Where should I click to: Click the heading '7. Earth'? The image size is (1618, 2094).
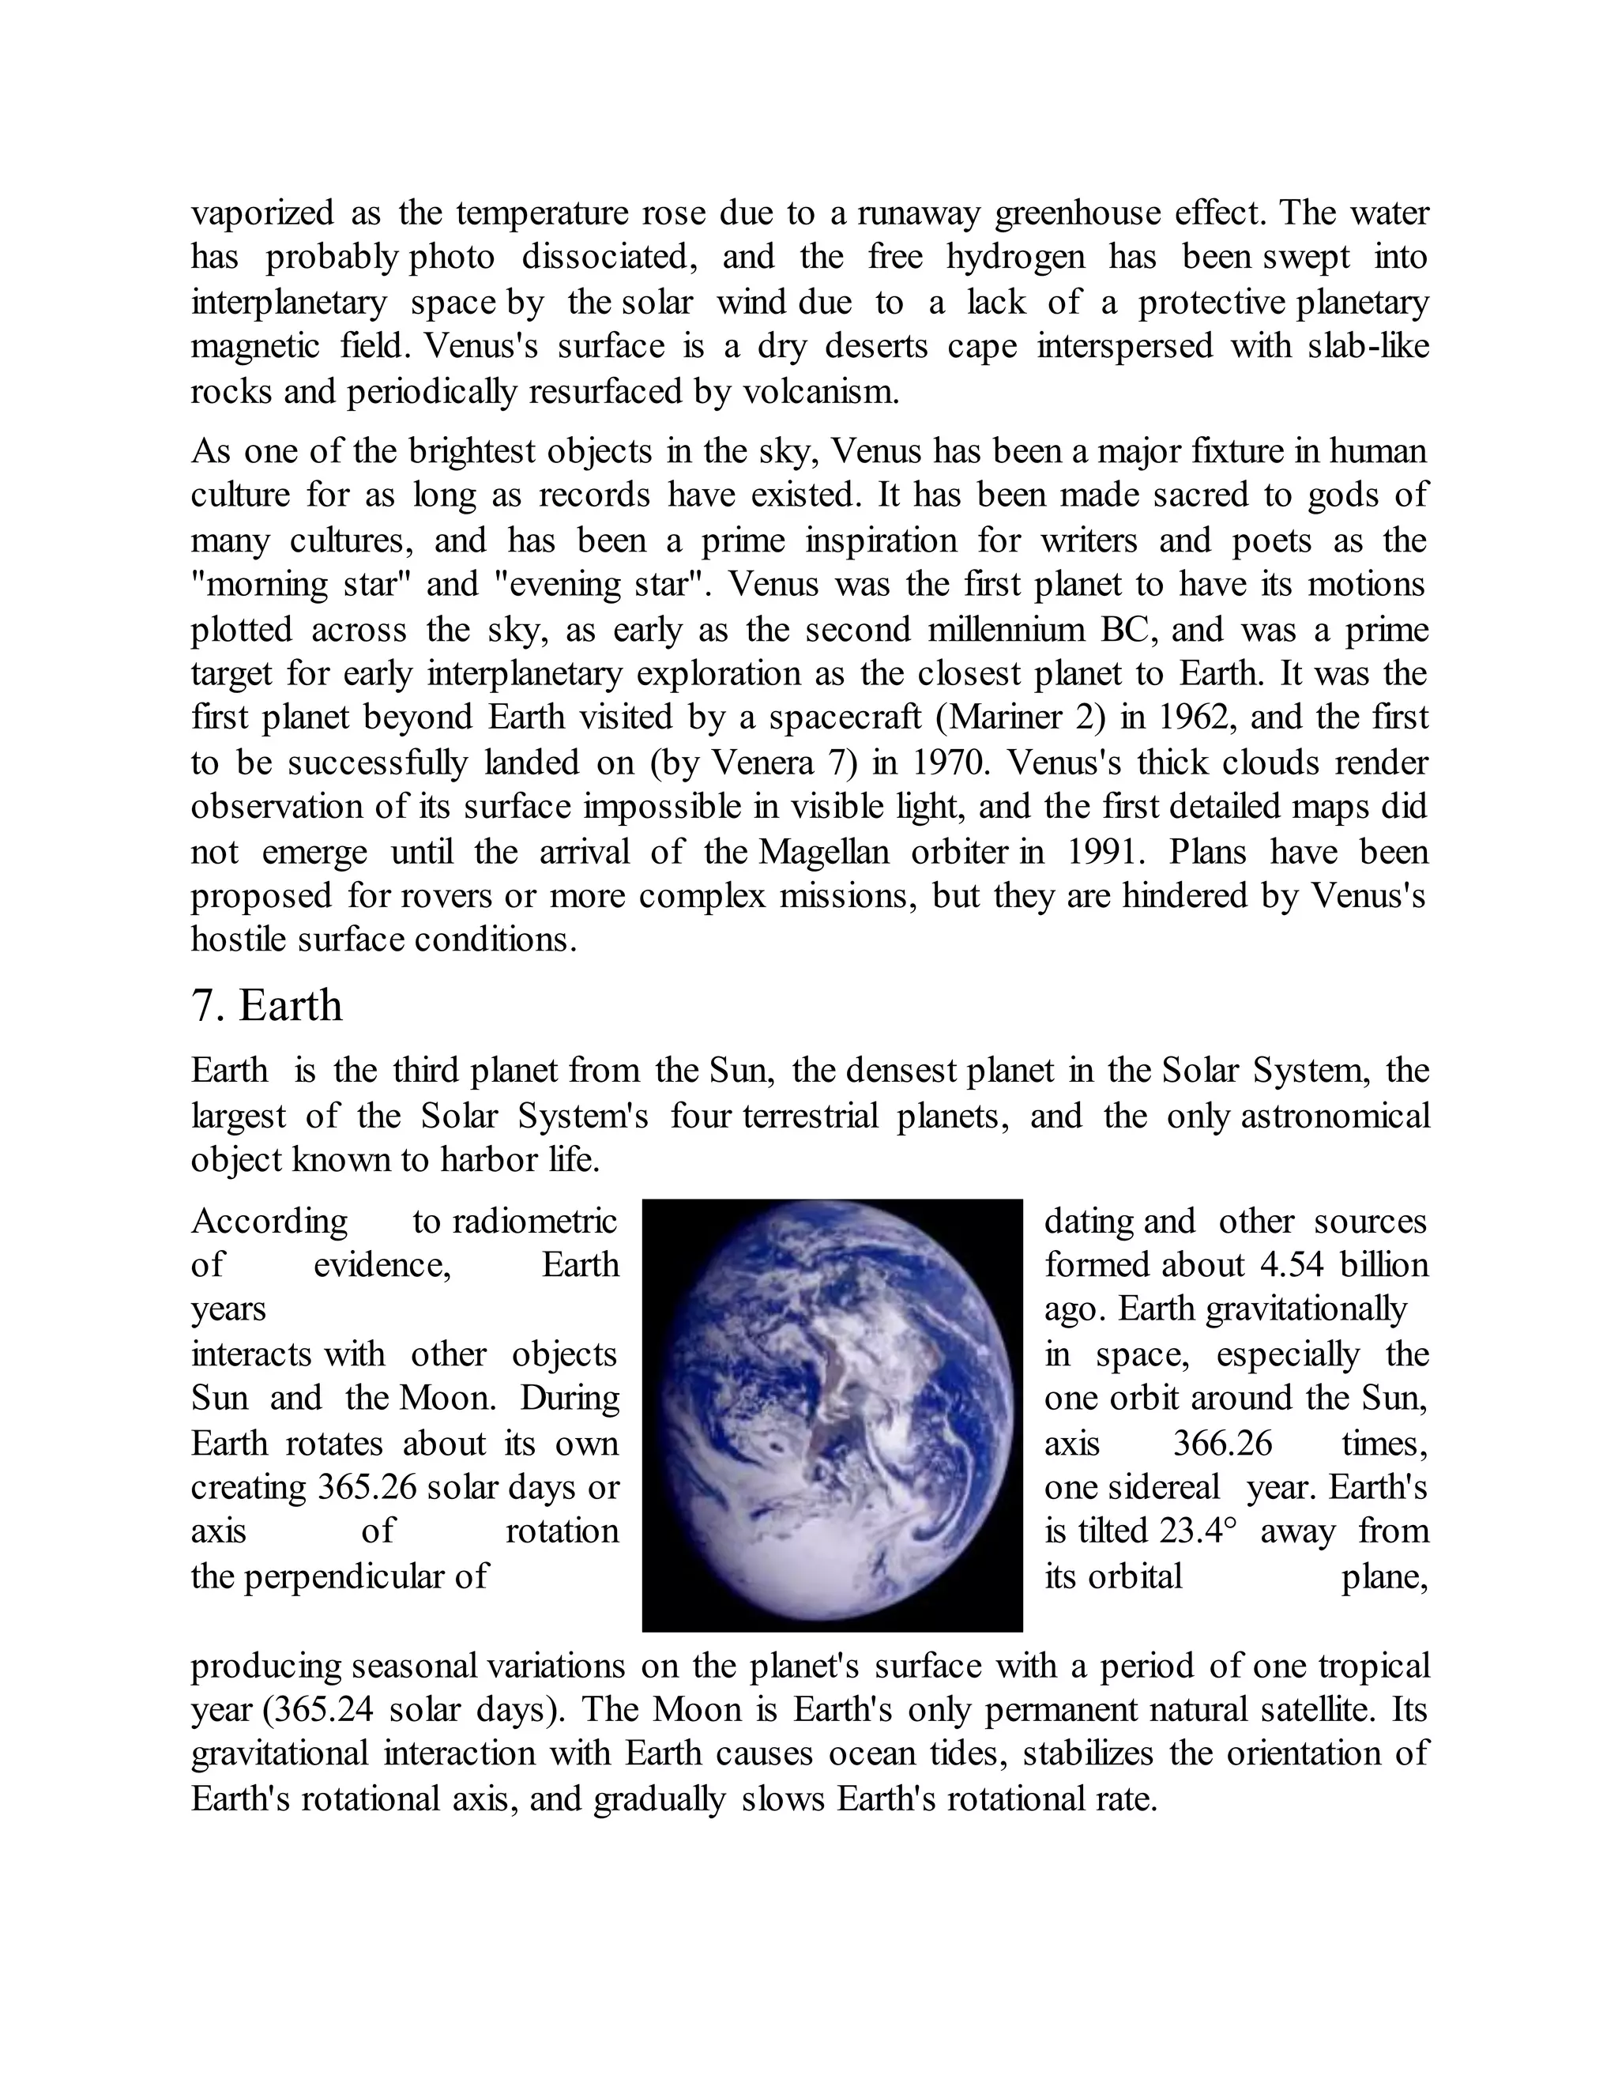[266, 1006]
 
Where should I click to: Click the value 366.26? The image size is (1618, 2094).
[1223, 1443]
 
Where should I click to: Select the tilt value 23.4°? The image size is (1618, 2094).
[1192, 1531]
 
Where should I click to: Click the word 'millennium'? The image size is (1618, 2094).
[997, 629]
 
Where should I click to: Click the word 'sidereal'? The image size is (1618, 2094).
[1164, 1487]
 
